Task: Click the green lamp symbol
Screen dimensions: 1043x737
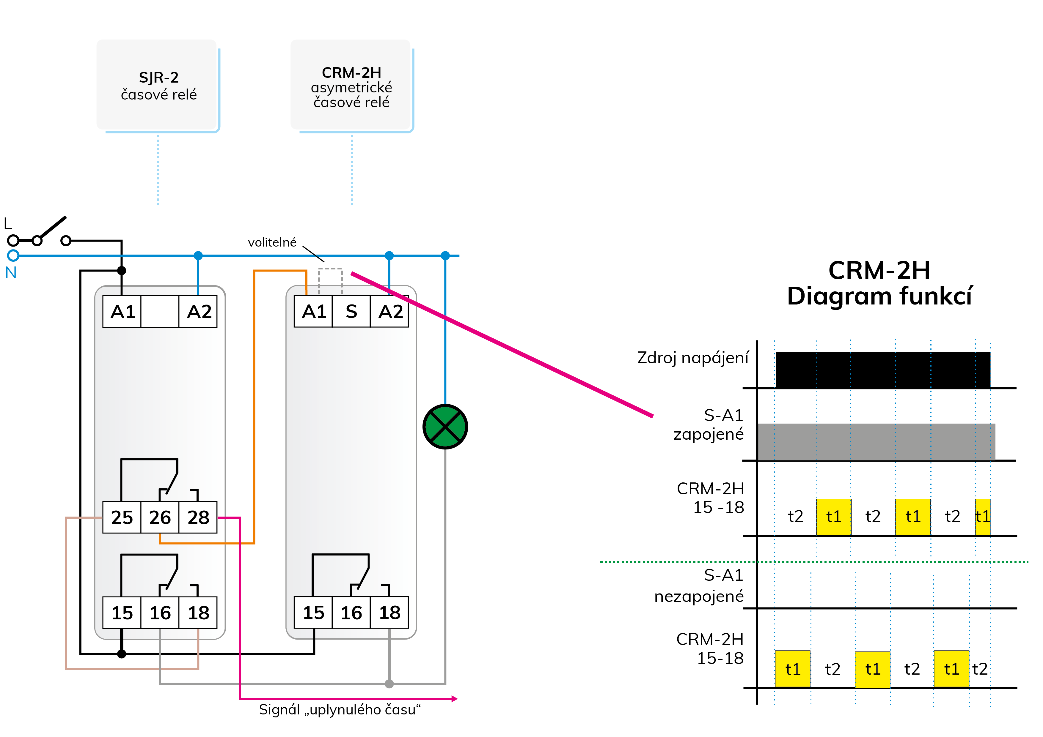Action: click(445, 427)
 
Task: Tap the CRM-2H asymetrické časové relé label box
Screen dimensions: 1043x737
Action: click(352, 85)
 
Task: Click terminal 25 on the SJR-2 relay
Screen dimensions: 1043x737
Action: click(122, 517)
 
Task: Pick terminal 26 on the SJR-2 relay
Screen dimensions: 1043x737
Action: click(160, 517)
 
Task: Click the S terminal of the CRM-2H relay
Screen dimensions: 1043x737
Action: click(351, 311)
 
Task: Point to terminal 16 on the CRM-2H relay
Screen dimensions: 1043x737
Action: click(351, 613)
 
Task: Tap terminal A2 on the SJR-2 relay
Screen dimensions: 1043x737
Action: click(199, 311)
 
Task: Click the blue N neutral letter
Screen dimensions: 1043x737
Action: click(11, 273)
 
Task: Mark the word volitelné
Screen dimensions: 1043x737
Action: click(272, 242)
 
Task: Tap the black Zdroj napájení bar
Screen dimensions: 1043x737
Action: click(883, 370)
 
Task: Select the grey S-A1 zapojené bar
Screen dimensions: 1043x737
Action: click(876, 442)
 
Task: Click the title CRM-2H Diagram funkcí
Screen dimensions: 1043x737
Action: click(879, 283)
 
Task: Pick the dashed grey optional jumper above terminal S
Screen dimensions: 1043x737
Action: click(330, 281)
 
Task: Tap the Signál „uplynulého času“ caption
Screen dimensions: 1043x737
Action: click(340, 709)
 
